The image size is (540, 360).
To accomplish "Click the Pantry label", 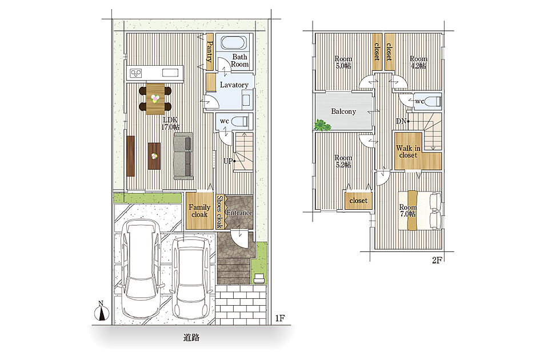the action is pyautogui.click(x=209, y=51).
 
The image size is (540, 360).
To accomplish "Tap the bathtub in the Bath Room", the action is pyautogui.click(x=234, y=43).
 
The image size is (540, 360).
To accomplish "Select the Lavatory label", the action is pyautogui.click(x=234, y=85).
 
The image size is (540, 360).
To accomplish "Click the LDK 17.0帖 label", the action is pyautogui.click(x=170, y=123).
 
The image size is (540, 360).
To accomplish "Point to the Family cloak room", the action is pyautogui.click(x=199, y=211).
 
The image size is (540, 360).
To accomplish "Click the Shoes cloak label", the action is pyautogui.click(x=220, y=212).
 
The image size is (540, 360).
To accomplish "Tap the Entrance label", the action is pyautogui.click(x=239, y=213).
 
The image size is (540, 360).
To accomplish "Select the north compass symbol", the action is pyautogui.click(x=102, y=311).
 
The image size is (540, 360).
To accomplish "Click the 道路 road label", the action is pyautogui.click(x=191, y=338).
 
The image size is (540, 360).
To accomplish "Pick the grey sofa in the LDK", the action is pyautogui.click(x=183, y=156).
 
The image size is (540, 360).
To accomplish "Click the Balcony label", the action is pyautogui.click(x=343, y=111).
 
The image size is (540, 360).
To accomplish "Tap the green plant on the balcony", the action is pyautogui.click(x=322, y=125).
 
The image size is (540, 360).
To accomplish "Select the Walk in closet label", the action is pyautogui.click(x=408, y=151).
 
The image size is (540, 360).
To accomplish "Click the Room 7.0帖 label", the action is pyautogui.click(x=408, y=210).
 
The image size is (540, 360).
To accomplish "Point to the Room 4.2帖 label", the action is pyautogui.click(x=418, y=62).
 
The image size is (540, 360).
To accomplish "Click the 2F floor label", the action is pyautogui.click(x=437, y=261).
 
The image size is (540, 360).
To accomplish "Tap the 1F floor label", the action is pyautogui.click(x=280, y=318).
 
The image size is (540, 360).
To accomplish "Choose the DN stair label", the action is pyautogui.click(x=401, y=121).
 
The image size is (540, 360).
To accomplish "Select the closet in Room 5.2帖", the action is pyautogui.click(x=358, y=200).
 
